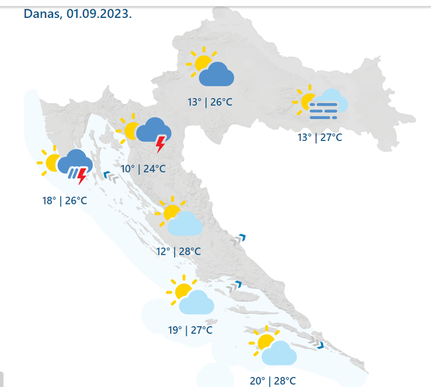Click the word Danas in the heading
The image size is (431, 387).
[42, 14]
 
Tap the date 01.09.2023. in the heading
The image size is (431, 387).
[100, 14]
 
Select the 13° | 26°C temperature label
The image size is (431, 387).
[210, 102]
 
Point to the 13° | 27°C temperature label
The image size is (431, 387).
[320, 138]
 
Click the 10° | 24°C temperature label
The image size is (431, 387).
[143, 169]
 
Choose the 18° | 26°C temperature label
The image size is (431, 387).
[64, 200]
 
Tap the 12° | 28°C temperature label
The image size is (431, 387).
[178, 251]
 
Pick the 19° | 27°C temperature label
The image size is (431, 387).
[190, 330]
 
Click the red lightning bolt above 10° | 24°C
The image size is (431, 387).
[160, 144]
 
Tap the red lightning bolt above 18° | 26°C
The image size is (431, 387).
[82, 176]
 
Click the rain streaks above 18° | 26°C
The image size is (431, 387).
[73, 173]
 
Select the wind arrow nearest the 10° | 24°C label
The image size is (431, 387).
[111, 178]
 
